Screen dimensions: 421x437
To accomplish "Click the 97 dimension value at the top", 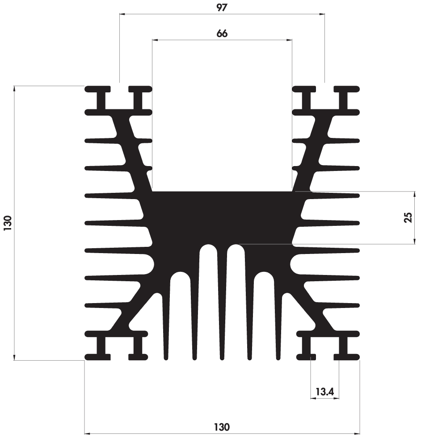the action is [x=222, y=8].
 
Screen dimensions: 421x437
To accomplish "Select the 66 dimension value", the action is [x=222, y=34].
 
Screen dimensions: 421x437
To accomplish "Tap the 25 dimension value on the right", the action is [x=408, y=218].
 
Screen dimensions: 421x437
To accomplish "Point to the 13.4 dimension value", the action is [x=325, y=392].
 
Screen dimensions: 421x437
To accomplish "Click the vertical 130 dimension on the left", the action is [x=8, y=223].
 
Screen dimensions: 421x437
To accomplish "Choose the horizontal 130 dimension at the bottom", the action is [x=222, y=427].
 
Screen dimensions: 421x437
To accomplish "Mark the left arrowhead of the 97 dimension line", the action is [x=122, y=14].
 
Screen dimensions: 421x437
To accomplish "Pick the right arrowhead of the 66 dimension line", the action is [x=290, y=40].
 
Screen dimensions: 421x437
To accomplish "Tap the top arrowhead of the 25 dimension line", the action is [x=415, y=194].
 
